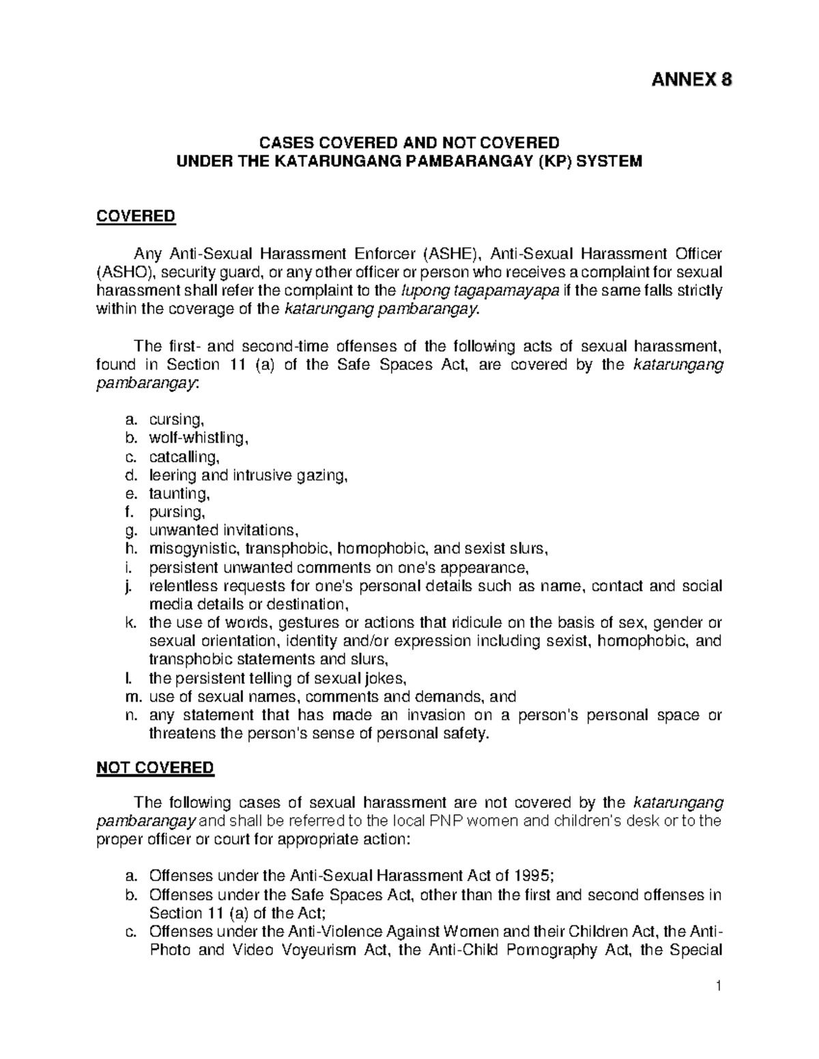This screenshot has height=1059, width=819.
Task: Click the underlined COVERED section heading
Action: (136, 217)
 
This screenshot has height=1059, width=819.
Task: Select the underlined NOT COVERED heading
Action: (155, 768)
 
